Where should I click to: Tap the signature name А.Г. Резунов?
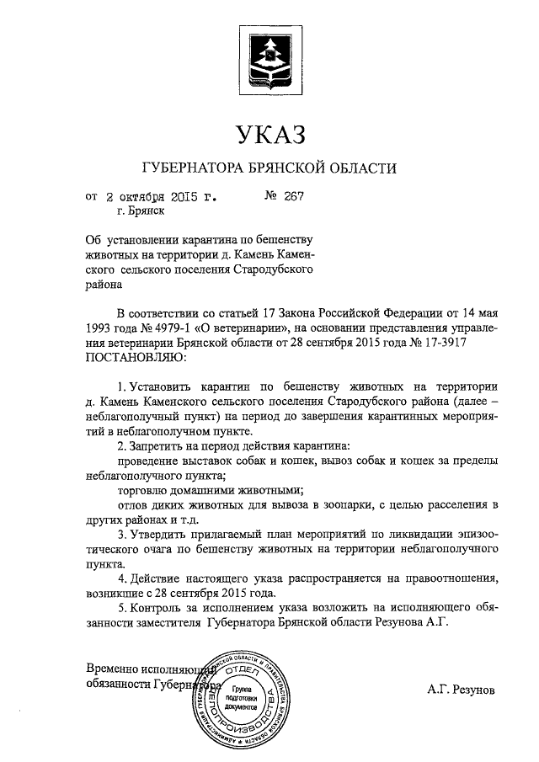point(460,690)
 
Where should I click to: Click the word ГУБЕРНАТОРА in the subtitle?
point(192,168)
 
